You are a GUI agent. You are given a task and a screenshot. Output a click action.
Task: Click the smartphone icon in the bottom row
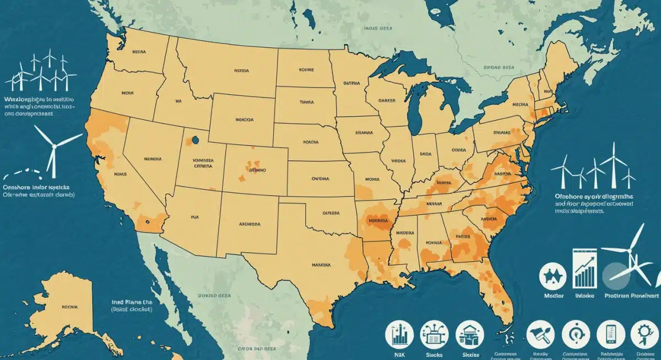pos(609,334)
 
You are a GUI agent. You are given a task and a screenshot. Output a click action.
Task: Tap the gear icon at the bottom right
pos(643,334)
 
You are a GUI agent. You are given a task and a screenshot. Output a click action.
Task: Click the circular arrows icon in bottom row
pos(575,334)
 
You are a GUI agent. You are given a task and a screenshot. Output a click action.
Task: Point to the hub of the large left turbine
pos(53,146)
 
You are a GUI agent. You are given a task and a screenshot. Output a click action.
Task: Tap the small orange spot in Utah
pos(195,141)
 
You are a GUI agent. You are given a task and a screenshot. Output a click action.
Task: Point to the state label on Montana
pos(241,71)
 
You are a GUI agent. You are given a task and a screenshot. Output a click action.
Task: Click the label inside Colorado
pos(257,171)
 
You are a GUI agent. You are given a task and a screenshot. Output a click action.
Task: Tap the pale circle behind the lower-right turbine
pos(615,274)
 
